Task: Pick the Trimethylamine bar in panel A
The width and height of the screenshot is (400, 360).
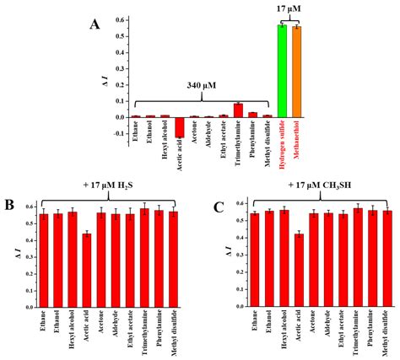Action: tap(238, 110)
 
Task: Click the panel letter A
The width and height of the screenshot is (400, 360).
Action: tap(95, 24)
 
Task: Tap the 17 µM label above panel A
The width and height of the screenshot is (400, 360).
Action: tap(287, 8)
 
